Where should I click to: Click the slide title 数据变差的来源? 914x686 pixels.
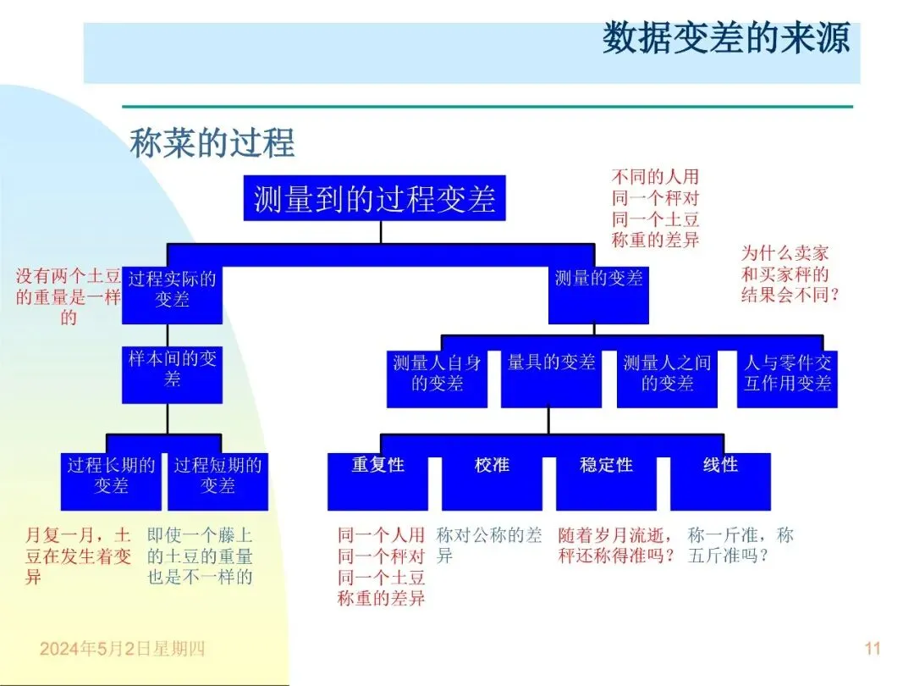click(725, 40)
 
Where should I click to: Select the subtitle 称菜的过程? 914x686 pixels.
click(212, 143)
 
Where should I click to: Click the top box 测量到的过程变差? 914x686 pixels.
click(374, 198)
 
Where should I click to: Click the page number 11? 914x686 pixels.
click(873, 649)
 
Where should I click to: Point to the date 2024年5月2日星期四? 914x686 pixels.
click(123, 650)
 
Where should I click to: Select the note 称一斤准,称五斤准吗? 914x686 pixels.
click(741, 545)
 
